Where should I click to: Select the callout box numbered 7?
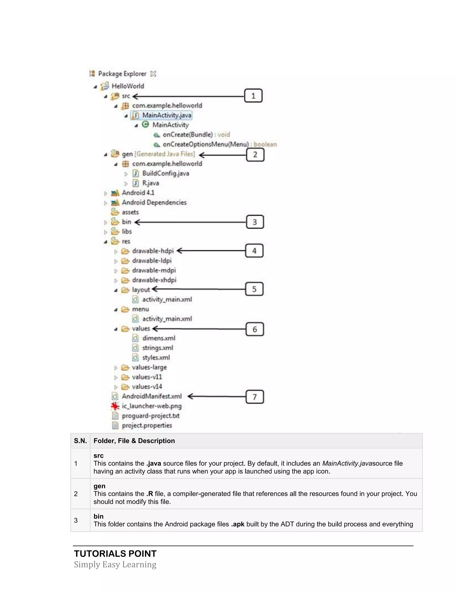tap(254, 397)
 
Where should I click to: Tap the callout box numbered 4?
tap(254, 251)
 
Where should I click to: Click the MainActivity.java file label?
tap(166, 115)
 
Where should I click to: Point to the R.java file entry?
tap(151, 183)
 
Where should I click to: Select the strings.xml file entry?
tap(158, 348)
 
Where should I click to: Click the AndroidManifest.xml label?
tap(152, 396)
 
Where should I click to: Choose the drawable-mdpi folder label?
tap(154, 270)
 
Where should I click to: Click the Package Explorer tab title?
tap(122, 74)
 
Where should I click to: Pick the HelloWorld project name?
tap(128, 86)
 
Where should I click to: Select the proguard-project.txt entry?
tap(151, 416)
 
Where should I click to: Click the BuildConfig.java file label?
tap(165, 173)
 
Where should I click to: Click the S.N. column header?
tap(80, 441)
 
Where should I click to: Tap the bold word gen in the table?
tap(99, 486)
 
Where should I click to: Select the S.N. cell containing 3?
tap(76, 520)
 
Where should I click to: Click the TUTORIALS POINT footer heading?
tap(115, 554)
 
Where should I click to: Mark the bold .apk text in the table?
tap(238, 524)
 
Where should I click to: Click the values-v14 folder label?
tap(147, 386)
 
